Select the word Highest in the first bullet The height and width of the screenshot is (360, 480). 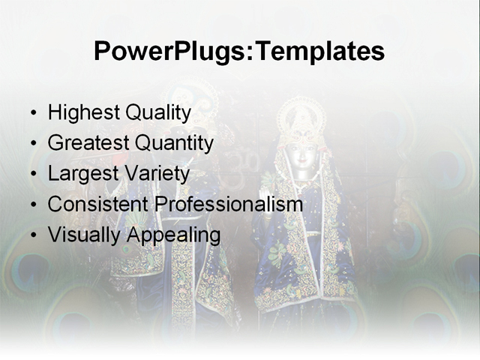click(82, 113)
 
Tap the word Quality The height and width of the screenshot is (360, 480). click(157, 113)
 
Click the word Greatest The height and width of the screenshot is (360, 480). click(88, 143)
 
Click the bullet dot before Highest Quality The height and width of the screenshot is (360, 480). click(33, 114)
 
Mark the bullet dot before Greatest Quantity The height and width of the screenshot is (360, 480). click(33, 144)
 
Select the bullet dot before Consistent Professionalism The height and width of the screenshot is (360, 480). click(33, 205)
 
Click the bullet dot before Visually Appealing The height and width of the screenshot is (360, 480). click(33, 235)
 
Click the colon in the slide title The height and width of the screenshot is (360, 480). click(249, 54)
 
